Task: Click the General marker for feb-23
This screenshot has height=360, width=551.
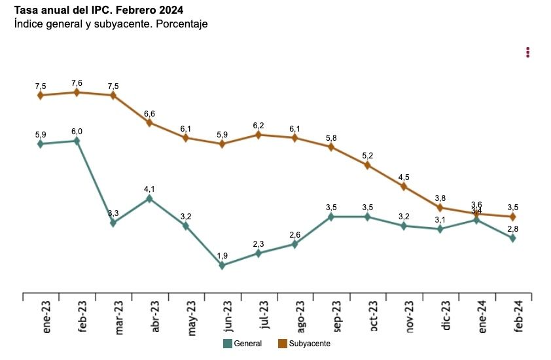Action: click(x=77, y=141)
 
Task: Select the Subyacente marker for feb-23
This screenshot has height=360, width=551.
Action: click(x=77, y=92)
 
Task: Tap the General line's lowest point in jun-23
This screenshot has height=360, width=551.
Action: click(x=222, y=265)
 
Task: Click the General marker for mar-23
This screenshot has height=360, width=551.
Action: click(x=113, y=223)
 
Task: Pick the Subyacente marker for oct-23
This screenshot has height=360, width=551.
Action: click(x=367, y=165)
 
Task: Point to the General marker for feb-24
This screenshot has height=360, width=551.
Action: click(x=512, y=238)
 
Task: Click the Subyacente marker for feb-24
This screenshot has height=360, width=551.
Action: click(x=512, y=217)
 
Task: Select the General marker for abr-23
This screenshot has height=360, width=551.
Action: click(x=149, y=198)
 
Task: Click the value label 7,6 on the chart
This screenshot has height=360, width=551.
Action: click(x=77, y=83)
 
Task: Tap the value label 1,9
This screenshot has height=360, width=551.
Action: click(x=222, y=256)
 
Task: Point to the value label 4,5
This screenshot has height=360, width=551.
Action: click(x=404, y=177)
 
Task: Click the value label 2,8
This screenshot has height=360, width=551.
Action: click(x=512, y=228)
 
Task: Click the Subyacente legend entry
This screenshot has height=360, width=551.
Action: click(x=304, y=344)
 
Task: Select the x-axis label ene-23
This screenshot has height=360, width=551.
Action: click(x=47, y=319)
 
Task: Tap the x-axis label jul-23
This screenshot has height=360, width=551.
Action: click(x=264, y=319)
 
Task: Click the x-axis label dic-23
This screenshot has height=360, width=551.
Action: click(x=446, y=319)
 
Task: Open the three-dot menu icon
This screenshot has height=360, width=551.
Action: click(x=527, y=52)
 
